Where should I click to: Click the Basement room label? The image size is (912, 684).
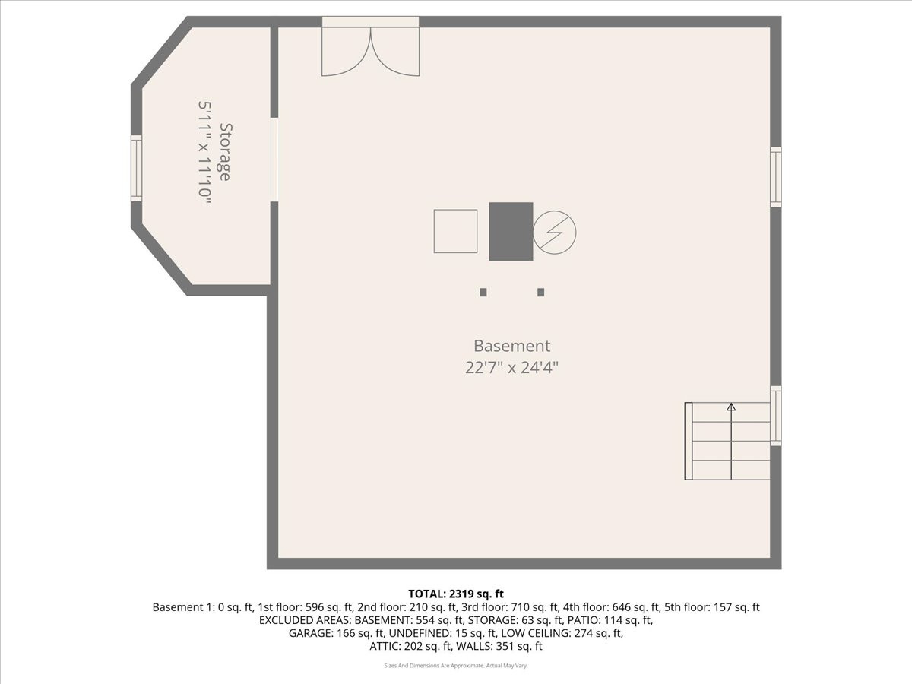click(x=511, y=346)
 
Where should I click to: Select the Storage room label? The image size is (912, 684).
click(x=225, y=152)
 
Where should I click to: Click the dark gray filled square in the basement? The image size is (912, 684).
click(x=511, y=231)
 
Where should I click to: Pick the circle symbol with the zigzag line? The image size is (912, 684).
click(x=555, y=231)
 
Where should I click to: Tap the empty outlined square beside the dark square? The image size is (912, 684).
click(x=455, y=231)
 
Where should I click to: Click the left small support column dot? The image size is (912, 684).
click(x=483, y=292)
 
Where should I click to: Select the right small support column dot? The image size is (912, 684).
click(x=541, y=292)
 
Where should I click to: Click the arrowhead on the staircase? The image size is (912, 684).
click(x=731, y=407)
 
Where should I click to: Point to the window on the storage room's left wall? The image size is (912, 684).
click(x=137, y=168)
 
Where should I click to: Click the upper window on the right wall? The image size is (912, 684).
click(x=775, y=176)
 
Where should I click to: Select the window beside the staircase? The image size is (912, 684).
click(x=775, y=416)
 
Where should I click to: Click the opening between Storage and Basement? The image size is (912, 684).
click(x=274, y=160)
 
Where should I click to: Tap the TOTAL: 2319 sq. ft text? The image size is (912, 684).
click(x=456, y=594)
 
